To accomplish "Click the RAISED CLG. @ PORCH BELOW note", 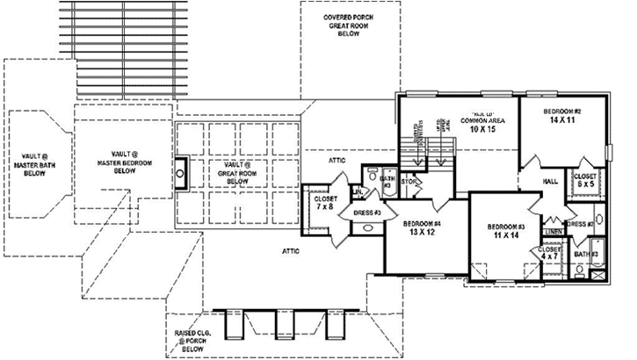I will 186,341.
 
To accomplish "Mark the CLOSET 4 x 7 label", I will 550,255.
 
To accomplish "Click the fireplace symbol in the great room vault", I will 180,173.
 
